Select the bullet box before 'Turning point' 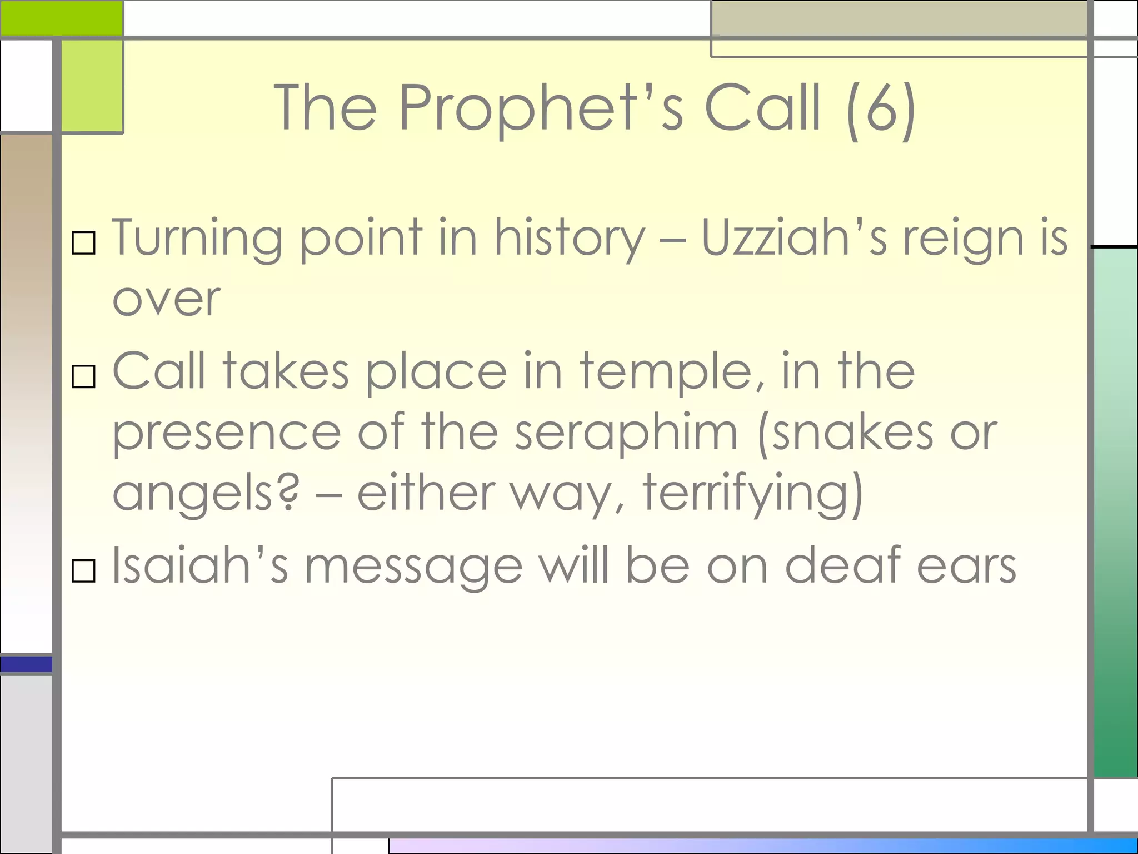84,243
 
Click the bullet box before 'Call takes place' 84,376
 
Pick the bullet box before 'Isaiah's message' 84,570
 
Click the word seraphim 626,434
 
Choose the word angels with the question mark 206,494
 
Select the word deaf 842,566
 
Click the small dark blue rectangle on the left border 26,664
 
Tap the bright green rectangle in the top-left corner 61,18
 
